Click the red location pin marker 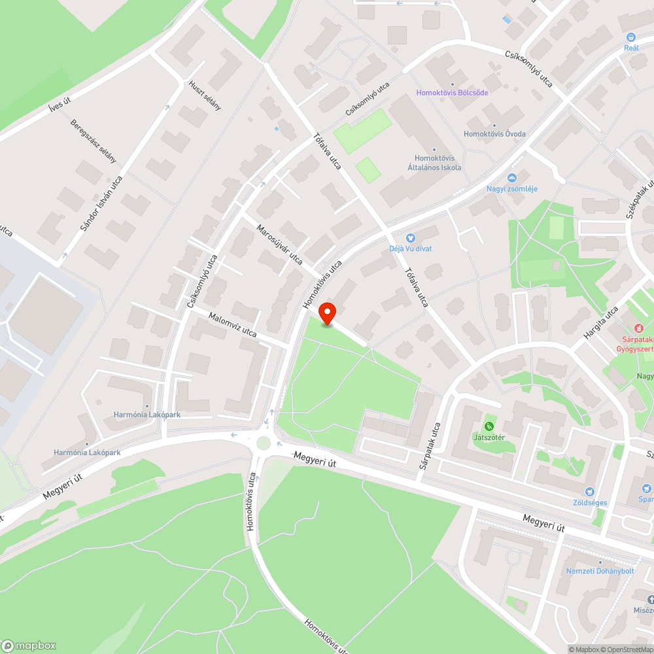tap(327, 314)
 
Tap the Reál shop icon tap(631, 38)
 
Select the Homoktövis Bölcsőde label tap(453, 92)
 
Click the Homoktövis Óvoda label tap(494, 134)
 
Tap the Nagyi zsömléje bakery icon tap(512, 178)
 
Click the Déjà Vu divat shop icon tap(411, 238)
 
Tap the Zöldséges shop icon tap(591, 492)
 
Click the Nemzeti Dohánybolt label tap(600, 570)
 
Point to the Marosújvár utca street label tap(279, 245)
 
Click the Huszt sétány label tap(205, 95)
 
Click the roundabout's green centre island tap(264, 443)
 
